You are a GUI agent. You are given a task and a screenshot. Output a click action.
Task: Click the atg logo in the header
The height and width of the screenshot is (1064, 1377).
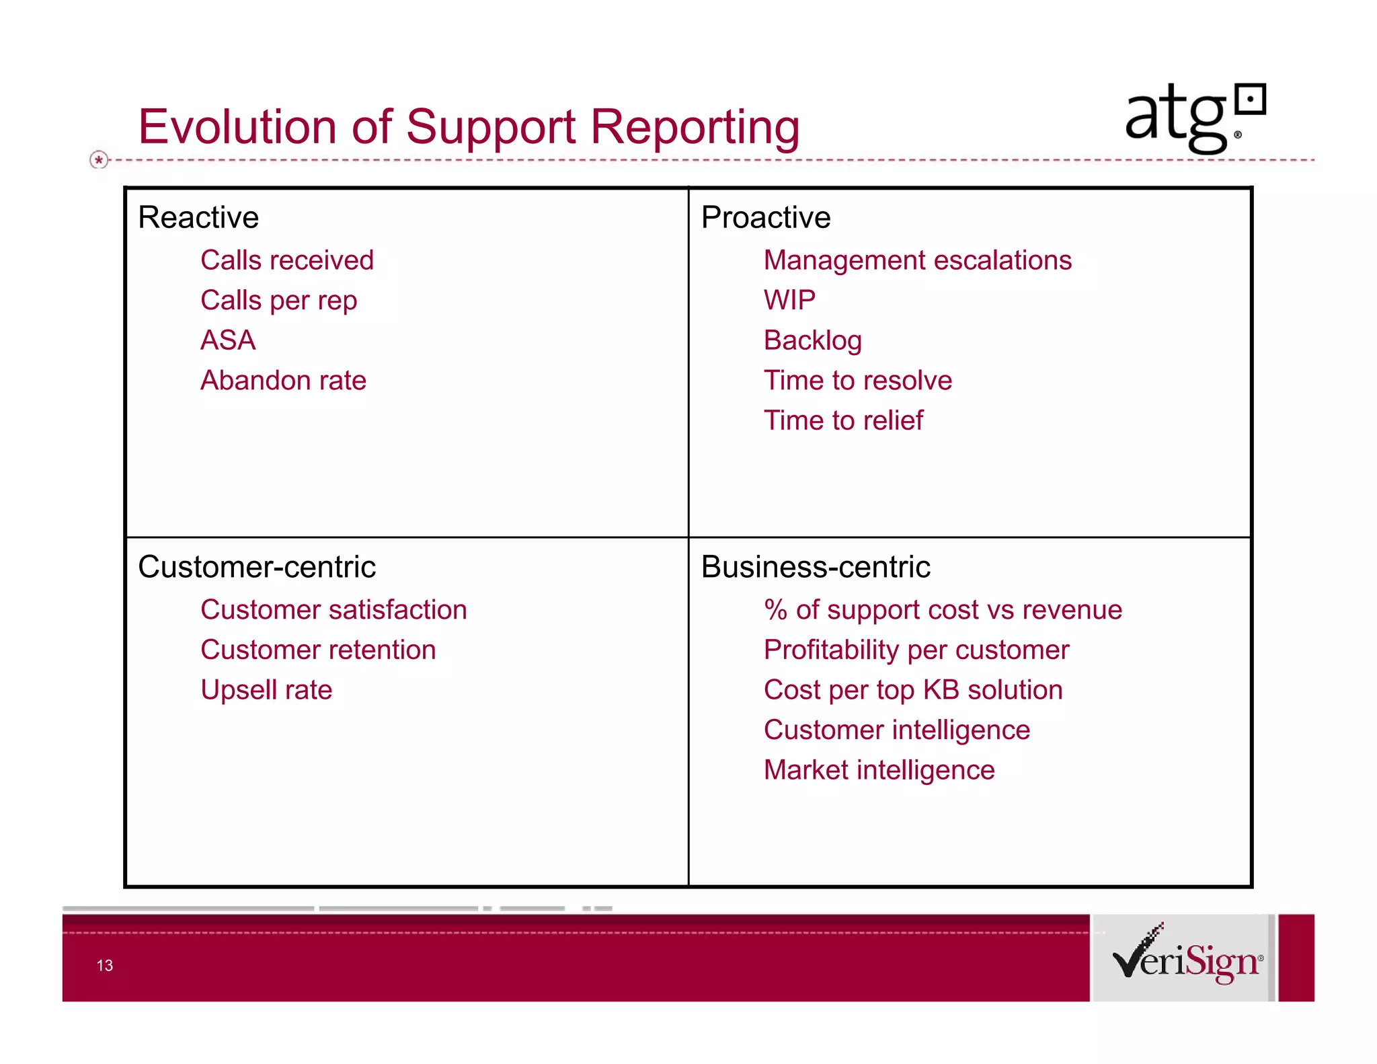click(x=1194, y=117)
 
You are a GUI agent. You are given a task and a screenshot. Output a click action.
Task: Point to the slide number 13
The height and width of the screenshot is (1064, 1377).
click(x=105, y=965)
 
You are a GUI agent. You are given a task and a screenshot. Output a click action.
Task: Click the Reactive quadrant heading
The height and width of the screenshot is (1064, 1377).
click(x=198, y=217)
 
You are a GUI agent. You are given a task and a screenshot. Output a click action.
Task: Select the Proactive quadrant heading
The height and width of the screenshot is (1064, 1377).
click(x=766, y=217)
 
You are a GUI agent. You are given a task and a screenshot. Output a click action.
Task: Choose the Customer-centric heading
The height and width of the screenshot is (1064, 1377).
click(x=257, y=566)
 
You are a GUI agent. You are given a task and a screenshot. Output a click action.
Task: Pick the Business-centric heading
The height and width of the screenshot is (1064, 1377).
click(x=816, y=566)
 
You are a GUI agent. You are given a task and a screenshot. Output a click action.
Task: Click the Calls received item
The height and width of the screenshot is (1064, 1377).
click(x=287, y=260)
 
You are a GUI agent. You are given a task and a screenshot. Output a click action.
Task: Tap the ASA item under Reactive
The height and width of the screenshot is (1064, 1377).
click(x=228, y=340)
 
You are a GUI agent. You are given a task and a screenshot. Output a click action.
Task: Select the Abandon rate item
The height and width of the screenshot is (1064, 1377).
click(x=283, y=381)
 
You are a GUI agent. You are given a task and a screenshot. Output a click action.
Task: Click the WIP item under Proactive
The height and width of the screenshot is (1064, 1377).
click(x=789, y=300)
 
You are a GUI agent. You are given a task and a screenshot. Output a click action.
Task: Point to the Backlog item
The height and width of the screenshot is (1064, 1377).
click(x=812, y=340)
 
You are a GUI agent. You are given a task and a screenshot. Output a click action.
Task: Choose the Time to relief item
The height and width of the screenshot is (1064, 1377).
click(x=843, y=420)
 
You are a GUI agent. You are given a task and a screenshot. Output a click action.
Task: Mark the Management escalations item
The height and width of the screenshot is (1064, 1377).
click(x=917, y=260)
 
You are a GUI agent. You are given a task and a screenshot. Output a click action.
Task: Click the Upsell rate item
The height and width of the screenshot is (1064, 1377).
click(x=266, y=690)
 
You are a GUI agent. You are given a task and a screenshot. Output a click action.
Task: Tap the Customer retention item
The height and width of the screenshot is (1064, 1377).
click(x=318, y=650)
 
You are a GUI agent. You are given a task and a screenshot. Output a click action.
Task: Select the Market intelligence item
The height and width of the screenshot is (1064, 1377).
click(x=879, y=770)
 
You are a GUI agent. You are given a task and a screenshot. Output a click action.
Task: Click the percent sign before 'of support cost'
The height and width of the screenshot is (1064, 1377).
click(x=775, y=610)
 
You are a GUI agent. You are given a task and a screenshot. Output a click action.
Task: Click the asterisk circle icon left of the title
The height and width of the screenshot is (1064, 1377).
click(x=99, y=160)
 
